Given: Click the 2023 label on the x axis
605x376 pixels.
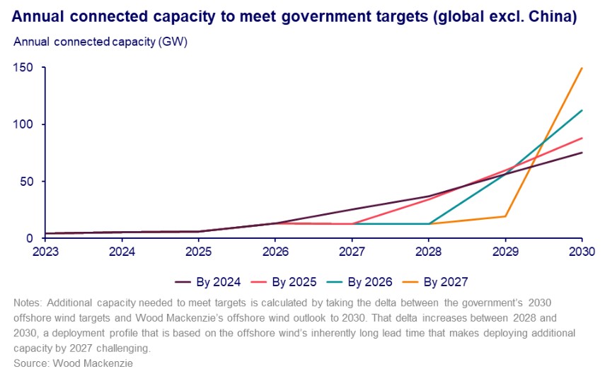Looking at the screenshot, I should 46,251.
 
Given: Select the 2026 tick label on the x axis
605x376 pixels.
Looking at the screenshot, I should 275,251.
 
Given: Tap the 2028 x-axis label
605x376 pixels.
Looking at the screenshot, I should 429,251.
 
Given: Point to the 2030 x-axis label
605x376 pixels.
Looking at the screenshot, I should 582,251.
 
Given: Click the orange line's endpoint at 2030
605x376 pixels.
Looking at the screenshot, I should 582,69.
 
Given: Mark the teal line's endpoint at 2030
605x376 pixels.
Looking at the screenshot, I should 582,110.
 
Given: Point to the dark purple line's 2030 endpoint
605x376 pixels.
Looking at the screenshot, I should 582,153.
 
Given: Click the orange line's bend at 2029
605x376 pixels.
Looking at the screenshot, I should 505,216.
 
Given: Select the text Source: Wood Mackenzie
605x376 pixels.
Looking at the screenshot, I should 72,363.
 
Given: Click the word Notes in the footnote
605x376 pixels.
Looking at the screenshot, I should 28,302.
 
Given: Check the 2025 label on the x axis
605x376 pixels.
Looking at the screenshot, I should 199,251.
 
